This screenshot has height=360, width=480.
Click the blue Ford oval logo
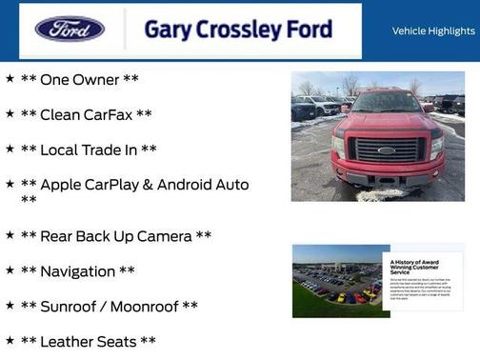70,29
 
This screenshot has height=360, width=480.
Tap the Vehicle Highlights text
433,30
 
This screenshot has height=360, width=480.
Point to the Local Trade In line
89,150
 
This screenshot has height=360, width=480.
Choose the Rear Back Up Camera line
115,235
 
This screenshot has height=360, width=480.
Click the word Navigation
77,271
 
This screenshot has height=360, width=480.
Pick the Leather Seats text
88,341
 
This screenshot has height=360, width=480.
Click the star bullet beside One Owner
10,78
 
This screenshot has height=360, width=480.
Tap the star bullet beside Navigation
10,270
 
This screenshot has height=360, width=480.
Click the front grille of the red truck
386,150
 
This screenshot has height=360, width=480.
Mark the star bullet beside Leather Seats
10,340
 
